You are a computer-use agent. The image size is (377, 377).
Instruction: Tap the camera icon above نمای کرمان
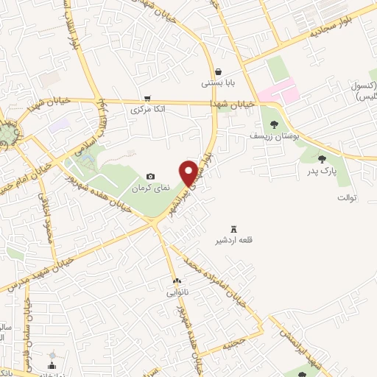(151, 177)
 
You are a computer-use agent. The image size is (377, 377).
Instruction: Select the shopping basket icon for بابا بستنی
(219, 72)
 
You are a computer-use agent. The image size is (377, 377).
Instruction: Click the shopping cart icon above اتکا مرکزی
(148, 98)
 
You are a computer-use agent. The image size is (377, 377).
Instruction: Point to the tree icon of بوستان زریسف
(275, 124)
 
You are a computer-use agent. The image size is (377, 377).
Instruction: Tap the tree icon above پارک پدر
(322, 158)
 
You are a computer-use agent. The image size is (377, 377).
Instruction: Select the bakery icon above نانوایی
(177, 281)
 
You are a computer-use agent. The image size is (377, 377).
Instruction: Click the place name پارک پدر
(322, 171)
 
